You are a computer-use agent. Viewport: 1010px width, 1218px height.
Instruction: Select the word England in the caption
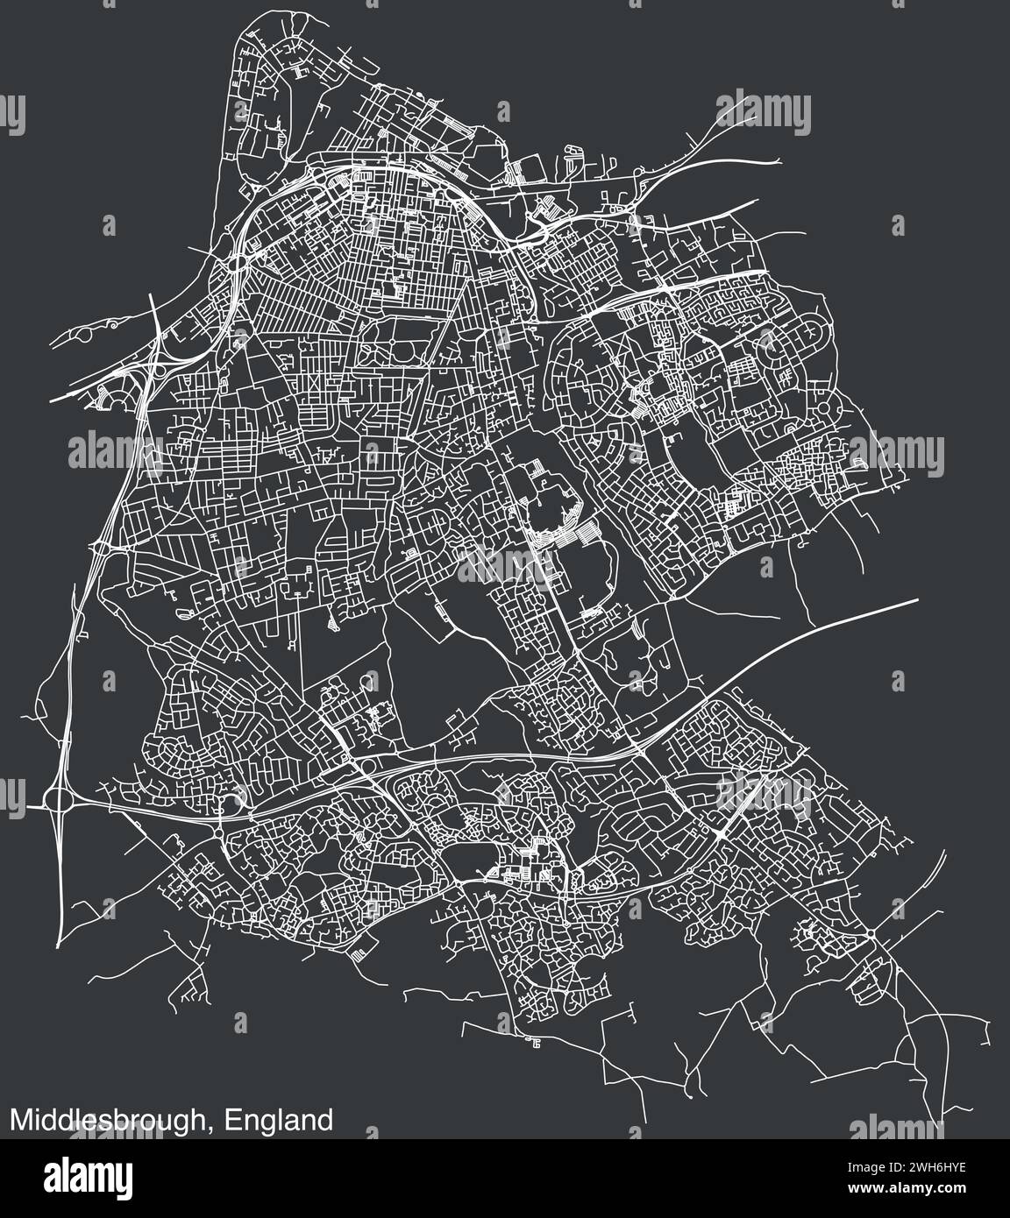278,1120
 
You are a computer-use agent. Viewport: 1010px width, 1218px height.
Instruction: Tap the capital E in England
232,1120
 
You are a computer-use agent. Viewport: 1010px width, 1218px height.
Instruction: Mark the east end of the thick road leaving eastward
917,600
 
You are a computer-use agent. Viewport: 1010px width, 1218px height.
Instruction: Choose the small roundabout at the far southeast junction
869,938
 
